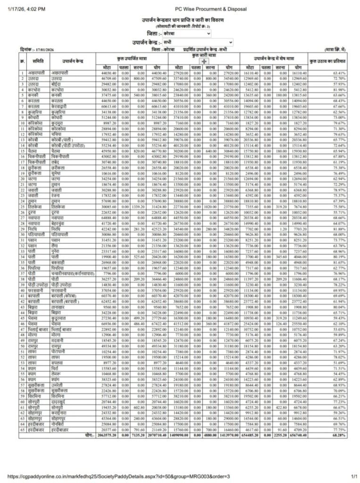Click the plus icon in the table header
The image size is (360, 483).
click(203, 61)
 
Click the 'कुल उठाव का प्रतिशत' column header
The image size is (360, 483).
click(327, 61)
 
